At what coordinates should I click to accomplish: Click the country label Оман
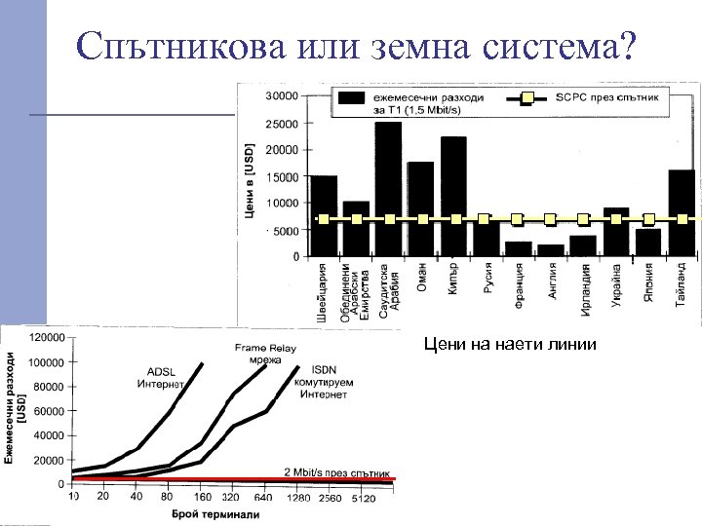pos(422,278)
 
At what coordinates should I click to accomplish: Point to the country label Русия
pos(487,282)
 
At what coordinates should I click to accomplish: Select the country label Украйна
pos(617,284)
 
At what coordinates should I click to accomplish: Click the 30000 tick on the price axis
pos(283,97)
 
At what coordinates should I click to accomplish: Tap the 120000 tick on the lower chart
pos(47,338)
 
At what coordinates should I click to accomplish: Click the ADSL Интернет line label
pos(161,377)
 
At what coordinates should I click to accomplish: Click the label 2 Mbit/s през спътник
pos(337,471)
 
